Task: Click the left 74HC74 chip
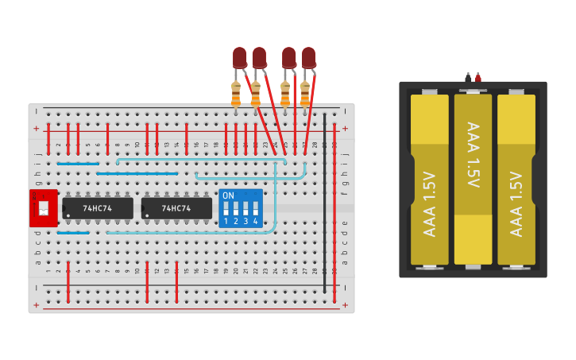[x=97, y=208]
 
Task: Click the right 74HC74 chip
[x=176, y=208]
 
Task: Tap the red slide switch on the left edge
[x=43, y=208]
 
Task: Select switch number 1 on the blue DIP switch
[x=226, y=209]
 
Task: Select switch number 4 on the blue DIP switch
[x=255, y=209]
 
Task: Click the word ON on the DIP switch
[x=228, y=195]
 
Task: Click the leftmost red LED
[x=239, y=57]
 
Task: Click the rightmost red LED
[x=308, y=57]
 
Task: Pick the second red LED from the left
[x=259, y=57]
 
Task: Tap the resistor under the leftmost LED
[x=235, y=93]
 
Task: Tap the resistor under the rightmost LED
[x=305, y=93]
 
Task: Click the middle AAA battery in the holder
[x=473, y=179]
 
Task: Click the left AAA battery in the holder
[x=430, y=179]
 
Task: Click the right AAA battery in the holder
[x=516, y=179]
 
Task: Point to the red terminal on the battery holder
[x=477, y=77]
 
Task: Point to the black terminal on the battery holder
[x=468, y=77]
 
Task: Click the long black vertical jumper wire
[x=324, y=191]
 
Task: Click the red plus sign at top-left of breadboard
[x=36, y=128]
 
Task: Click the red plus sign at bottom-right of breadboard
[x=345, y=304]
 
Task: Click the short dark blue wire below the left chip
[x=73, y=232]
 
